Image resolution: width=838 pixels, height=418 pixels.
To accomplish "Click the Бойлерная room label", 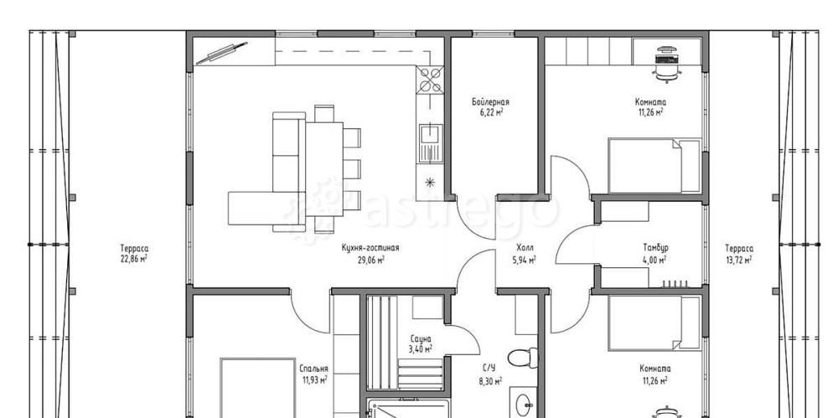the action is point(490,101).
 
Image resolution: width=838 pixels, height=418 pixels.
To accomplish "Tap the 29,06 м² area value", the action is point(370,259).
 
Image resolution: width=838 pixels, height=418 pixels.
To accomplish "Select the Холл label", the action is point(525,248).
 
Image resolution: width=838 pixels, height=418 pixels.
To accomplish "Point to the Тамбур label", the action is point(655,248).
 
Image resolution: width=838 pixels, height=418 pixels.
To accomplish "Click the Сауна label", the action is point(421,339).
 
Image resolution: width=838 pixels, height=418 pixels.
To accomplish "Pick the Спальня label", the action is point(313,369).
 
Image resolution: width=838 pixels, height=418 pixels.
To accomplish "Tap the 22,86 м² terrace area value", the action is point(134,259).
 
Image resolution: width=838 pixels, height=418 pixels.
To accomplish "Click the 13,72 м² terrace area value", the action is point(739,259).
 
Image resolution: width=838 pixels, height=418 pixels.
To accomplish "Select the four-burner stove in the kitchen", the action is point(430,79).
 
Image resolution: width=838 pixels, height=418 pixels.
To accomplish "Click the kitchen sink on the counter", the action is point(429,142).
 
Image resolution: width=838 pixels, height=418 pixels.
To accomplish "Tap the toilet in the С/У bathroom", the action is point(523,357).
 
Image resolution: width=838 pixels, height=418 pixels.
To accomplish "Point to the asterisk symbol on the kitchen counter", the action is point(430,183).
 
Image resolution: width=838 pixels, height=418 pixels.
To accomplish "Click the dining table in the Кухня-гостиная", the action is point(323,169).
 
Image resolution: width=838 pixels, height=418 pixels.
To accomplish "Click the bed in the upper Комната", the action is point(654,166).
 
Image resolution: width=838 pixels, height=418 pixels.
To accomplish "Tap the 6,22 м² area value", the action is point(490,112).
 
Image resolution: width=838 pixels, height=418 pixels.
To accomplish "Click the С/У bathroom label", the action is point(489,369).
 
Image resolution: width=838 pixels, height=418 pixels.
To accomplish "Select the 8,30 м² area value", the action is point(489,381).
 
